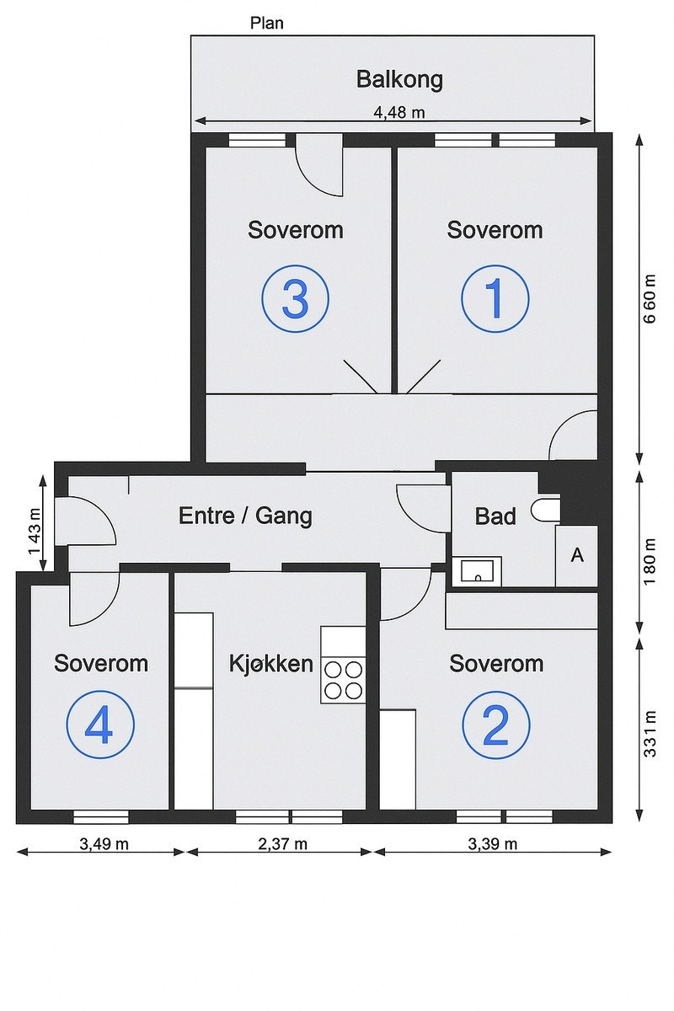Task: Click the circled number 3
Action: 295,298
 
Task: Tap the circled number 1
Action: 495,298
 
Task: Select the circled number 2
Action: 495,725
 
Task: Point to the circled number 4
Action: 100,725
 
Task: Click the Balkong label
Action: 399,80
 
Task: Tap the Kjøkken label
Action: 271,663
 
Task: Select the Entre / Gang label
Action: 245,516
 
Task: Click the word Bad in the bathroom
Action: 495,516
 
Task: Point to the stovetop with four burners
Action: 343,680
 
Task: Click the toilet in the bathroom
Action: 548,509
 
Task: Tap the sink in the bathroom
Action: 478,572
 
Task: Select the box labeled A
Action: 577,556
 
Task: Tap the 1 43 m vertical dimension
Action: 35,530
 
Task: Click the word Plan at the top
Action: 266,23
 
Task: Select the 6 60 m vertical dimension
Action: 650,302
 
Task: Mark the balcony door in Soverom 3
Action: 318,166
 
